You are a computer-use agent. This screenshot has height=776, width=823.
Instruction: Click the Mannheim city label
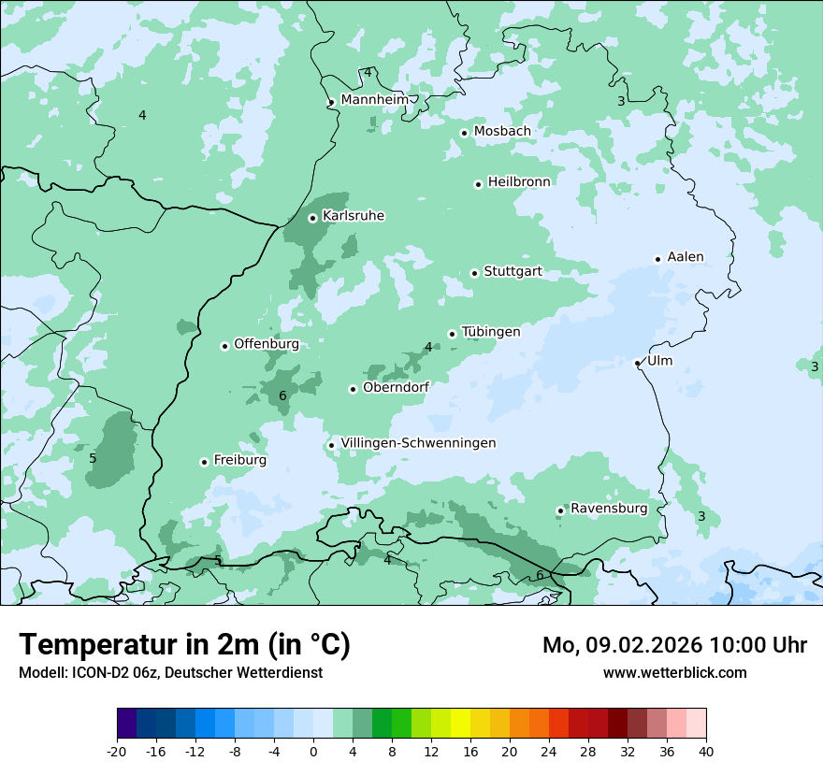(x=374, y=99)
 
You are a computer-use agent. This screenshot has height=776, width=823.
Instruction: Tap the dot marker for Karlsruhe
(x=313, y=218)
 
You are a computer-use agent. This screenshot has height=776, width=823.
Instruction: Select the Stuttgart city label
(x=513, y=271)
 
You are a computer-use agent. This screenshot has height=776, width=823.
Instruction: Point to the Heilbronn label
(x=519, y=181)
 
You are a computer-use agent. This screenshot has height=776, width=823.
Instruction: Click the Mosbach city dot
(x=464, y=133)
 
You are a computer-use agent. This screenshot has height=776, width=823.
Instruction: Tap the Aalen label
(x=686, y=256)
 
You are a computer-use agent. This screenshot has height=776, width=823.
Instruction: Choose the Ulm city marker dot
(x=637, y=363)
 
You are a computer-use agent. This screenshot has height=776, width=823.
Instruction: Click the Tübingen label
(x=491, y=331)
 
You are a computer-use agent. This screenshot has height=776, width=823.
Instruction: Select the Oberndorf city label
(x=397, y=387)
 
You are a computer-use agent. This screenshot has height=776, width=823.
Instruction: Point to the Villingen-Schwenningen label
(x=418, y=442)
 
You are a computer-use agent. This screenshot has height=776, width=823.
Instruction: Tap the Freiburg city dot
(x=204, y=462)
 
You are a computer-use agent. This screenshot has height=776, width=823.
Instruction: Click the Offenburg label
(x=267, y=343)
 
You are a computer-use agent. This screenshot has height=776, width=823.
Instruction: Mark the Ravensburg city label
(x=609, y=508)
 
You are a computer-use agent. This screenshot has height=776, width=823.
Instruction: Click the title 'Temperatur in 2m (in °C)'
(x=184, y=645)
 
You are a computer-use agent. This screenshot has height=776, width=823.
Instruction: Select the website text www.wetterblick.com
(x=674, y=672)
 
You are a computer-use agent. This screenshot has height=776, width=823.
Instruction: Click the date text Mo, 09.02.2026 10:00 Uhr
(x=674, y=645)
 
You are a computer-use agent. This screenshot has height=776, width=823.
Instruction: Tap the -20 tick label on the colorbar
(x=117, y=752)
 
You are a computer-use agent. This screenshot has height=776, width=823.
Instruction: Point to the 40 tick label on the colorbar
(x=705, y=752)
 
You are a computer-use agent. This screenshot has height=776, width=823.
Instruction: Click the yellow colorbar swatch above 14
(x=460, y=724)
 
